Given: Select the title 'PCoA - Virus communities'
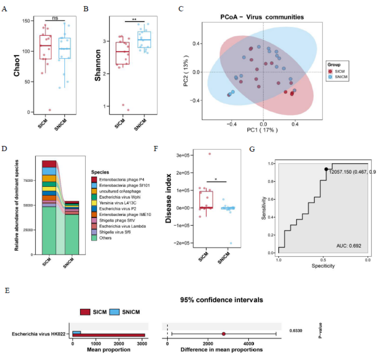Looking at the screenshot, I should pyautogui.click(x=261, y=17).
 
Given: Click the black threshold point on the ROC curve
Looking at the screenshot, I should pyautogui.click(x=326, y=169).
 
